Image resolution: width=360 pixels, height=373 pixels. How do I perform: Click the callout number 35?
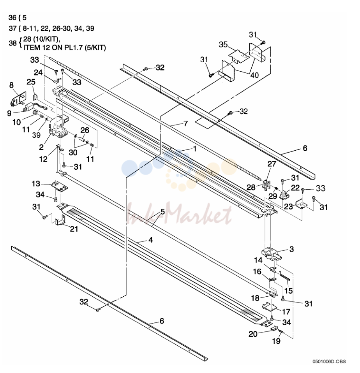223,45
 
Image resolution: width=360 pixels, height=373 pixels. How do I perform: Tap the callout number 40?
254,75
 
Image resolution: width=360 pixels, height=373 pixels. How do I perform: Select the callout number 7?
185,123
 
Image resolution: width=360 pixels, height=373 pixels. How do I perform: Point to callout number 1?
195,149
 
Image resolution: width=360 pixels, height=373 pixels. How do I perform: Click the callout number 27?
272,164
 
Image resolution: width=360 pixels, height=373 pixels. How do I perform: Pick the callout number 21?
74,229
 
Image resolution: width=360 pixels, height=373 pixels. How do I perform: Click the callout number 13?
36,184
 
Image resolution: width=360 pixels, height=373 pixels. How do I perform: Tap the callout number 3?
291,249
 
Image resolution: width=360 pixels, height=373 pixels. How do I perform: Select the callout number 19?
276,341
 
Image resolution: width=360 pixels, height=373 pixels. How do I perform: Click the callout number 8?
11,85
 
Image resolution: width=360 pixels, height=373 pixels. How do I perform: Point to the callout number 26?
85,130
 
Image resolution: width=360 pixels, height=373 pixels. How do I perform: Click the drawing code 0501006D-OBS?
329,362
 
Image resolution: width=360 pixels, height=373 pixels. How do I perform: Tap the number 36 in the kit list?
12,18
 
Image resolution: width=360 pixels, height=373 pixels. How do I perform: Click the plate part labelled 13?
60,186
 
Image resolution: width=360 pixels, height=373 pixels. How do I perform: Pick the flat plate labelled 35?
239,56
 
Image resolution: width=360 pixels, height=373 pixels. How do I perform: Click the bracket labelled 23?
302,204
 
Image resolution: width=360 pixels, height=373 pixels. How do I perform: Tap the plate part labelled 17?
270,307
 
